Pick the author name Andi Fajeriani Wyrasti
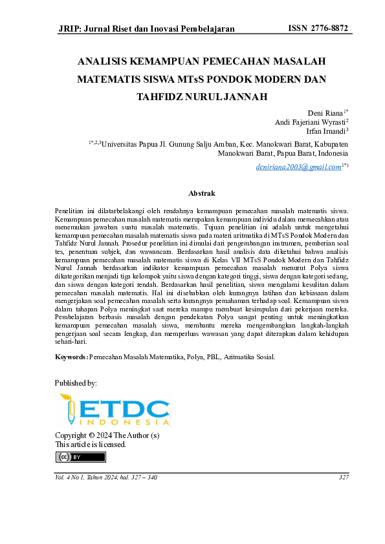coord(310,121)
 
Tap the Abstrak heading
coord(201,193)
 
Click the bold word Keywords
coord(71,356)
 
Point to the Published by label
coord(76,383)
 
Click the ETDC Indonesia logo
coord(115,410)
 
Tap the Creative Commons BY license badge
coord(80,457)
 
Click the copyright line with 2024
coord(107,435)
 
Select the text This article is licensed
coord(91,445)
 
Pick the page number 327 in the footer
coord(344,477)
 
